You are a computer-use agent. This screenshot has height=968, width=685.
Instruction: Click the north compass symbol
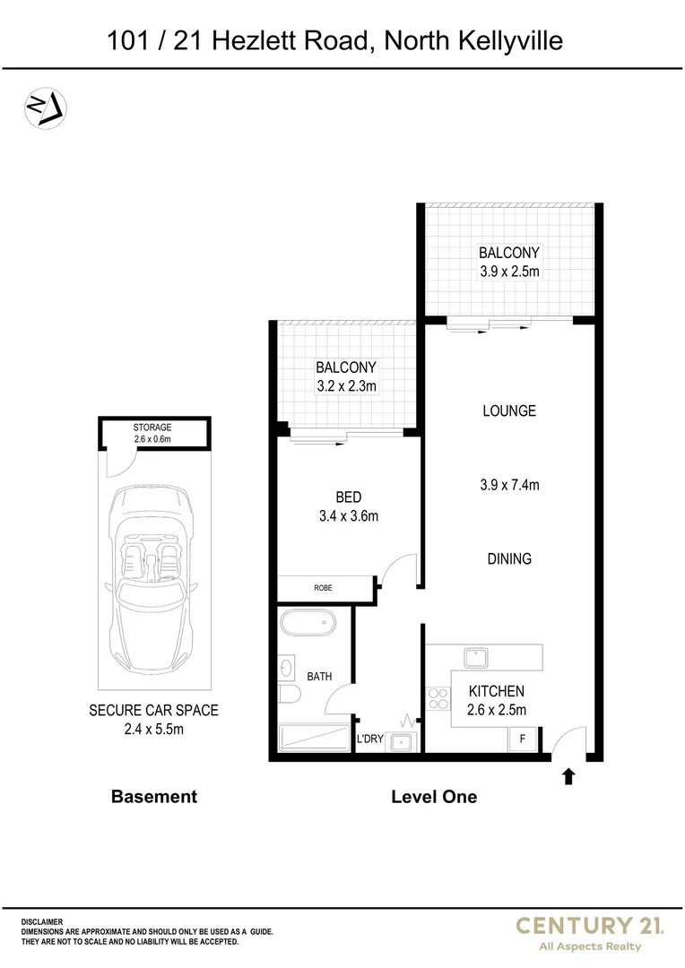(45, 108)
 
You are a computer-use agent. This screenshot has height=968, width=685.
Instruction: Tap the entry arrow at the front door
(568, 775)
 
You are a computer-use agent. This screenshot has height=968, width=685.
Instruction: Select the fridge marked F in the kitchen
(523, 740)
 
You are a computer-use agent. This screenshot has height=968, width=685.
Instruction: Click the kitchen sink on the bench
(474, 658)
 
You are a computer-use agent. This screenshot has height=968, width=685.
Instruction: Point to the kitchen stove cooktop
(438, 699)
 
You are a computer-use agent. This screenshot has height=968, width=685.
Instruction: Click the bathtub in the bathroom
(307, 625)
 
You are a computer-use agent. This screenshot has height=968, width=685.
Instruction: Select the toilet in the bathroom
(287, 696)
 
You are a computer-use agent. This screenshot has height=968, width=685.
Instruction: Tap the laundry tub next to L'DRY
(402, 741)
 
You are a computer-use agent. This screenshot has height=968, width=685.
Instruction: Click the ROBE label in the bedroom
(323, 589)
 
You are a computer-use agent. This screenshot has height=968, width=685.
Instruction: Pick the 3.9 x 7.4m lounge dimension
(509, 485)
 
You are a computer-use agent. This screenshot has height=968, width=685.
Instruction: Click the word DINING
(509, 558)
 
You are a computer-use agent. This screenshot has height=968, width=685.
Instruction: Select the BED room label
(348, 497)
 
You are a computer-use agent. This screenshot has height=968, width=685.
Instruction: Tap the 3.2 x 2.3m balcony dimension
(345, 386)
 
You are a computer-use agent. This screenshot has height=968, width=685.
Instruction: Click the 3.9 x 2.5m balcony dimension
(508, 272)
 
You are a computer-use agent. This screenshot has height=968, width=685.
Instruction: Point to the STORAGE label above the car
(152, 428)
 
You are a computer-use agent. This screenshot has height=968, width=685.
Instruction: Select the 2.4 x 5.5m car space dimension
(153, 729)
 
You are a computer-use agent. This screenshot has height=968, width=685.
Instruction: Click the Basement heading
(153, 796)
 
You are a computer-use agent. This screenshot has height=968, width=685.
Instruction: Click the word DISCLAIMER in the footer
(42, 921)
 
